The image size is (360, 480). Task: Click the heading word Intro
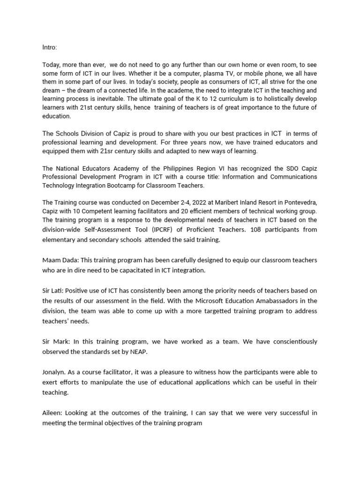pos(49,47)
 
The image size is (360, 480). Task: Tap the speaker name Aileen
pos(52,413)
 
